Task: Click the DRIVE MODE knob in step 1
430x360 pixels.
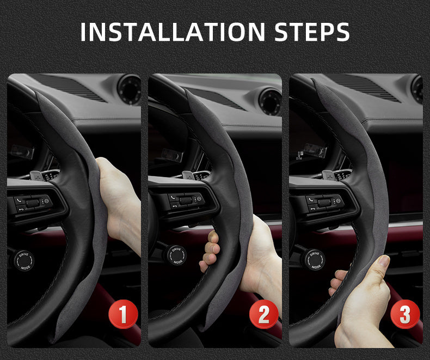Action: point(22,259)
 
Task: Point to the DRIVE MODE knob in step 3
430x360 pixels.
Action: point(314,259)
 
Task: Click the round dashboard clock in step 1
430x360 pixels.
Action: point(129,89)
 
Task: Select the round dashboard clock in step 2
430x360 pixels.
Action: point(270,101)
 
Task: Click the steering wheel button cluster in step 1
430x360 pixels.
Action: point(33,204)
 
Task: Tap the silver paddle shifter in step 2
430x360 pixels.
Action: point(188,175)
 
